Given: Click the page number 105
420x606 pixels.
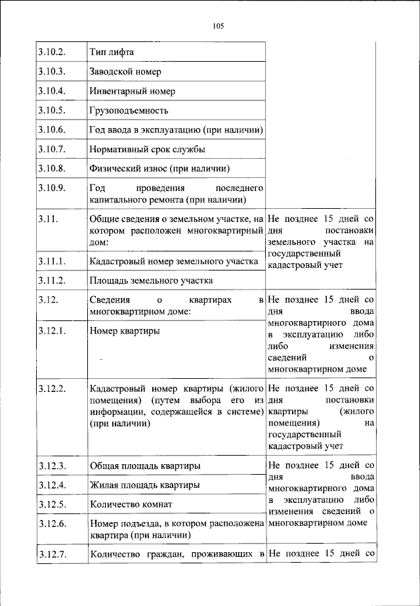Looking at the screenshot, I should (219, 26).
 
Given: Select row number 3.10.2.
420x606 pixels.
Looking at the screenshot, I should (51, 51).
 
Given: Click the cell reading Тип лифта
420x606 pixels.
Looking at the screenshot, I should (112, 51).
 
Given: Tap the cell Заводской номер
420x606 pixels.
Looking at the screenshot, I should (125, 71).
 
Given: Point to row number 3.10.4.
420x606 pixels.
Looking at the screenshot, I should (51, 91).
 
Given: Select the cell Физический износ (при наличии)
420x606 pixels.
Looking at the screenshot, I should (155, 169).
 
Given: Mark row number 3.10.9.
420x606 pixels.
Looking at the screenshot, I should (51, 188).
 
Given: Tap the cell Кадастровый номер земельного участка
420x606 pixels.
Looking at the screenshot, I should (174, 261).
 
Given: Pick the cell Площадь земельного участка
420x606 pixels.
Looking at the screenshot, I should (151, 281).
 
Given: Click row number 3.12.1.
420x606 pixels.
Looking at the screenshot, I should (51, 331).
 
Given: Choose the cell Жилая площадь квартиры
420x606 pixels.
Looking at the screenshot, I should (144, 485).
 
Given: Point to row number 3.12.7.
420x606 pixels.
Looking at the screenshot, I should (51, 556).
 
